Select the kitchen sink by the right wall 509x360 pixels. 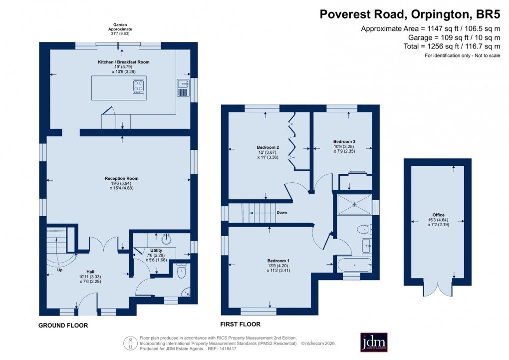tap(183, 87)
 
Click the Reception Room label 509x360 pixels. tap(121, 178)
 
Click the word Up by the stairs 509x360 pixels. tap(60, 270)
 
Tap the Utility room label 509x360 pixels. tap(149, 250)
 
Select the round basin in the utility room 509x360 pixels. tap(166, 239)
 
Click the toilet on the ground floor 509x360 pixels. tap(181, 271)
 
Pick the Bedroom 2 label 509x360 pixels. tap(267, 147)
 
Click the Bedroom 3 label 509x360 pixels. tap(344, 142)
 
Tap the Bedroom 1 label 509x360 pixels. tap(278, 261)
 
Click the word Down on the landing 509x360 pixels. tap(282, 212)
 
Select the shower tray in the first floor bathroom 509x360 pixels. tap(354, 204)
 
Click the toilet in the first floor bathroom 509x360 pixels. tap(363, 229)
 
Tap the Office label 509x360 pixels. tap(438, 215)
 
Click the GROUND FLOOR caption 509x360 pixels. tap(63, 326)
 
